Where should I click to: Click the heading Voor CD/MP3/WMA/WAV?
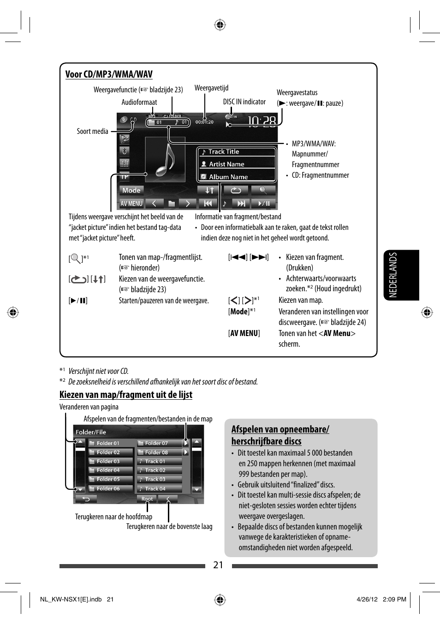(109, 74)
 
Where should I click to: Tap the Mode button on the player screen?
(131, 190)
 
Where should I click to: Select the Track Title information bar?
(237, 152)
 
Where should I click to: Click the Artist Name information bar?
(237, 164)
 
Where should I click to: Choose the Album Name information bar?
(237, 177)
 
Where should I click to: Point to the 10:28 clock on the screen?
(262, 121)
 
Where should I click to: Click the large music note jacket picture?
(165, 159)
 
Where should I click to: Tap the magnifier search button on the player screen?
(263, 190)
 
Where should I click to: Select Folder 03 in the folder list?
(110, 461)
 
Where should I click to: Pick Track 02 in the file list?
(160, 470)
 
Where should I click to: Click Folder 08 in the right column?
(160, 452)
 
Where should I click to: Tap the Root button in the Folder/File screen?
(147, 499)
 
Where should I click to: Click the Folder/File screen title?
(91, 432)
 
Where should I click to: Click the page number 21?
(218, 565)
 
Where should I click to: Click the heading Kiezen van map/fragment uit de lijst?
(126, 395)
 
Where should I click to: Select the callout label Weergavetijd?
(211, 88)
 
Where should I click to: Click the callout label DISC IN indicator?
(244, 102)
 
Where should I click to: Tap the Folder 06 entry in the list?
(110, 488)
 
